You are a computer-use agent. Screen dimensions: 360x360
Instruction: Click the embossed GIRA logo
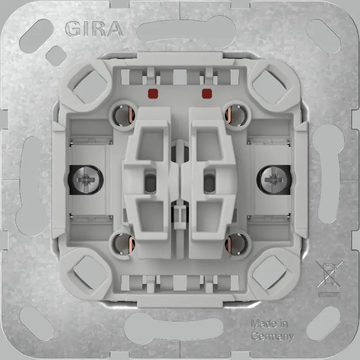click(93, 29)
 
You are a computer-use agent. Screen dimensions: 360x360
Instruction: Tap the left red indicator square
click(152, 93)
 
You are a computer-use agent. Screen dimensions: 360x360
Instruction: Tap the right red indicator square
click(207, 93)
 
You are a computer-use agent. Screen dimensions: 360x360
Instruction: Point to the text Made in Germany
click(271, 330)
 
